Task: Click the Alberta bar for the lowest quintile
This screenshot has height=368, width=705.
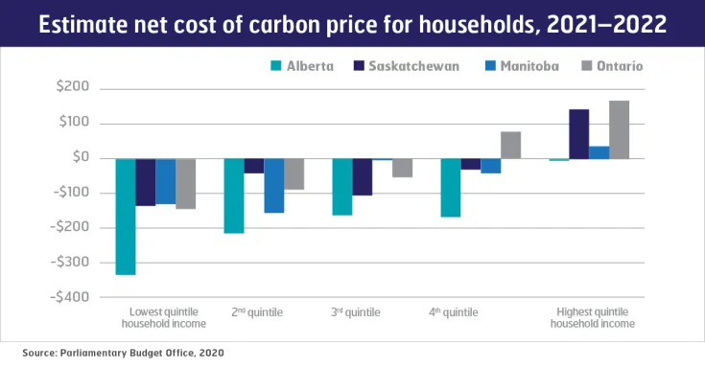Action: pyautogui.click(x=125, y=217)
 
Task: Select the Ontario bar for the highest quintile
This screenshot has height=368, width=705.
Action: pyautogui.click(x=619, y=129)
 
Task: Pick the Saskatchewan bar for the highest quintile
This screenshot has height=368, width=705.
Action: pyautogui.click(x=578, y=134)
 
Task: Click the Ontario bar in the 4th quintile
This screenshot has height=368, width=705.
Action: pyautogui.click(x=510, y=145)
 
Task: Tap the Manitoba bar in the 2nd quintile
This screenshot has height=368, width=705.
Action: pyautogui.click(x=274, y=185)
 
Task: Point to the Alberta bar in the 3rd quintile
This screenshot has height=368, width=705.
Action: pyautogui.click(x=342, y=186)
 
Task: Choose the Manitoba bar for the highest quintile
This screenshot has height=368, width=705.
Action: pyautogui.click(x=599, y=152)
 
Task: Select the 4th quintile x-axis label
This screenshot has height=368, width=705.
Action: pyautogui.click(x=455, y=312)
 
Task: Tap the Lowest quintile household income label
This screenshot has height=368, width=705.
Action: pyautogui.click(x=163, y=318)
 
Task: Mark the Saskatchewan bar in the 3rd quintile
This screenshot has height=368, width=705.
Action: pyautogui.click(x=362, y=176)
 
